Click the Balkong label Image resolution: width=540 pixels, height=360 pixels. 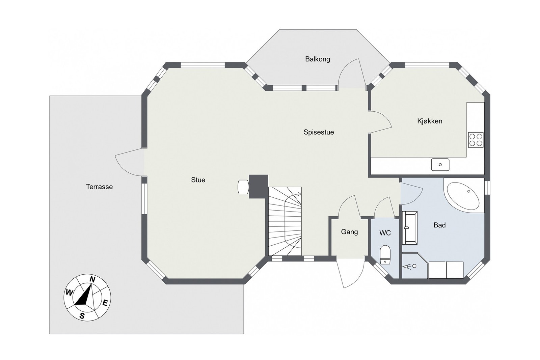point(317,59)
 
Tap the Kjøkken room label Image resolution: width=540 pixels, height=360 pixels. point(429,121)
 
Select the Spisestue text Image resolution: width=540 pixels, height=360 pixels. point(319,132)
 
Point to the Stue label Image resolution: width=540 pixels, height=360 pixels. point(198,180)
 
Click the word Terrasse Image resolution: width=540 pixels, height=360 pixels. point(99,187)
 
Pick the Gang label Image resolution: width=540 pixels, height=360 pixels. point(349,232)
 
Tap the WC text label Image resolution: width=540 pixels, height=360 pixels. point(385,233)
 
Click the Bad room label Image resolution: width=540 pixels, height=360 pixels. point(439,225)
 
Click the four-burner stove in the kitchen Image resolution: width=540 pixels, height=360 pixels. point(476,140)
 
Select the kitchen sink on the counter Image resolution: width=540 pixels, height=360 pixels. point(440,165)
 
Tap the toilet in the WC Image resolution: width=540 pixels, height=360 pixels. point(385,254)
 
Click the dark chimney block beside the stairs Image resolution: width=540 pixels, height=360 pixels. point(258,186)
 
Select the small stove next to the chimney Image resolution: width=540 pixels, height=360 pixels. point(243,187)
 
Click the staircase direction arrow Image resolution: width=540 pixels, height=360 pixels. point(298,194)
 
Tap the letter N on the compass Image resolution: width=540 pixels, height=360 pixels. point(92,279)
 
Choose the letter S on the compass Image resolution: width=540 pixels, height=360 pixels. point(82,316)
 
